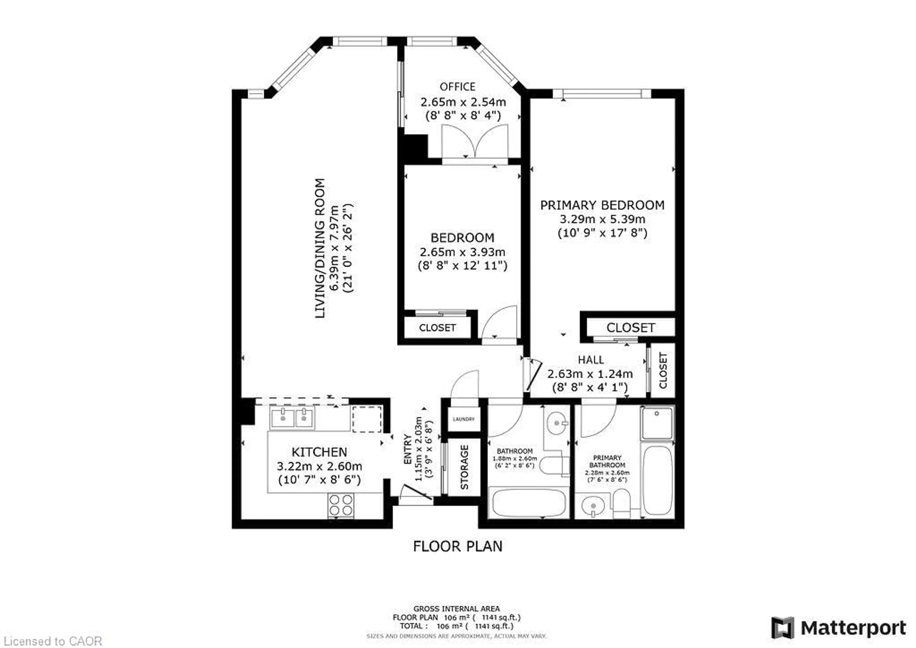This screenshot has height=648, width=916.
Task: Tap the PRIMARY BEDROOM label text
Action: click(x=602, y=205)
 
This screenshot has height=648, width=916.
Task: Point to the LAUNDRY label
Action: click(x=463, y=419)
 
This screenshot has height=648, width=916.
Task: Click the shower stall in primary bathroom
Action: click(x=657, y=422)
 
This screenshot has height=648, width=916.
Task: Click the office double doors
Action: click(x=475, y=142)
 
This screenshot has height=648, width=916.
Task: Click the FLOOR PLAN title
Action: click(x=458, y=546)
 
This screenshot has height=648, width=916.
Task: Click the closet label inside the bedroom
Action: click(x=437, y=328)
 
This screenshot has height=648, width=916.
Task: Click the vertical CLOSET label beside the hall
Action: click(x=663, y=370)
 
